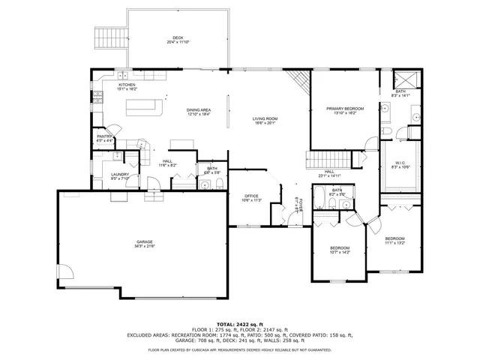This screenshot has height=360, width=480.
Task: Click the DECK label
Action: tap(178, 37)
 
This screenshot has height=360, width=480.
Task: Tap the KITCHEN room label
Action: tap(127, 85)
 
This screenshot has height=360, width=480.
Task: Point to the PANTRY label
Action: tap(104, 136)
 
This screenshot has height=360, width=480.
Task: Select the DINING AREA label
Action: tap(199, 111)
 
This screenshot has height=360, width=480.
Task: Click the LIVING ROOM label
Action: tap(265, 118)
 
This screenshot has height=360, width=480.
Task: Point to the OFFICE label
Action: tap(251, 196)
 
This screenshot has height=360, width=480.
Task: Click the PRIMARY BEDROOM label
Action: tap(344, 109)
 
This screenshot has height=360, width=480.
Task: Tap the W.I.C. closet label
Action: tap(400, 163)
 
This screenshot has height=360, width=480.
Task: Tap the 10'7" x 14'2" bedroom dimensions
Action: tap(339, 252)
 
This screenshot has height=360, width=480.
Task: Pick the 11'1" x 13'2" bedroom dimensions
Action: tap(394, 243)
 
